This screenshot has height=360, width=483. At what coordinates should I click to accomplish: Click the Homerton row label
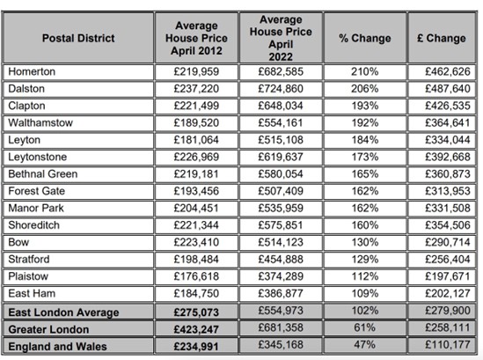pyautogui.click(x=33, y=71)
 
